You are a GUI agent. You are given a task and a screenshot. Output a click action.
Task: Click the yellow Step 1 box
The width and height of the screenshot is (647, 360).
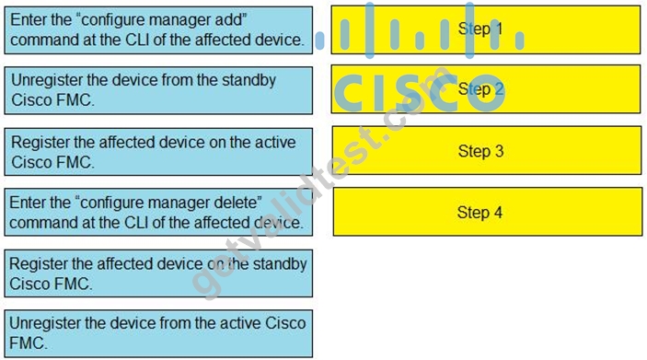(x=486, y=29)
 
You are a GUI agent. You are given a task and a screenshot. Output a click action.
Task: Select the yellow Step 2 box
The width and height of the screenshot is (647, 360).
(x=486, y=89)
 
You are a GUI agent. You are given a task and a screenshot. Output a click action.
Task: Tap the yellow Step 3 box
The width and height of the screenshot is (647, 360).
(x=487, y=151)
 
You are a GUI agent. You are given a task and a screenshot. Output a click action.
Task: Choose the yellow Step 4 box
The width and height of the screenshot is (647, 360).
(x=488, y=212)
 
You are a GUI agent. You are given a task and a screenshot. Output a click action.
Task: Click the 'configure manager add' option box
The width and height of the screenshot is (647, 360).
(x=158, y=30)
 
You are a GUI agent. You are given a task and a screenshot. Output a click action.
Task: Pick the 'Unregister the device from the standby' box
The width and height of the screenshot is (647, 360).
(x=158, y=90)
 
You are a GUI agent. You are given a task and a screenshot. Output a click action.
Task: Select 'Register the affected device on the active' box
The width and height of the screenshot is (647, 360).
(x=158, y=152)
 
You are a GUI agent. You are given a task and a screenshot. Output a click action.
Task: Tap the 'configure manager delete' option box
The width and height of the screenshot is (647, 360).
(x=158, y=212)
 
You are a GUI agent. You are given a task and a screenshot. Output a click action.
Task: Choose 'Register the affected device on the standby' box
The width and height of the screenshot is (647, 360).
(x=158, y=273)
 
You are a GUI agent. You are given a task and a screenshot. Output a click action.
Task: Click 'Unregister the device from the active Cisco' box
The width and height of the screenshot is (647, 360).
(x=158, y=333)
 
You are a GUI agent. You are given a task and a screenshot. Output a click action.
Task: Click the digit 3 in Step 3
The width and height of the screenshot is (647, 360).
(x=499, y=151)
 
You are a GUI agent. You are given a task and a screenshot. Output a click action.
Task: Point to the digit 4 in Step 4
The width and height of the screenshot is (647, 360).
(x=498, y=212)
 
